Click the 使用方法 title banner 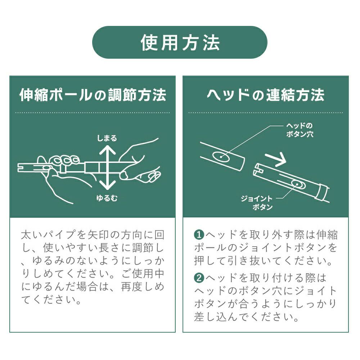click(x=180, y=42)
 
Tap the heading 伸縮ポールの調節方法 click(x=93, y=95)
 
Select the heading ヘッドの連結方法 click(x=265, y=95)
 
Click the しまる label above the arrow click(x=107, y=138)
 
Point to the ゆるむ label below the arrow click(x=107, y=198)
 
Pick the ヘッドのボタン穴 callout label click(x=299, y=130)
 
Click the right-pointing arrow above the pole click(x=275, y=158)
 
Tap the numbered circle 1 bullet click(x=199, y=235)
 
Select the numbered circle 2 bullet click(x=199, y=278)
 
